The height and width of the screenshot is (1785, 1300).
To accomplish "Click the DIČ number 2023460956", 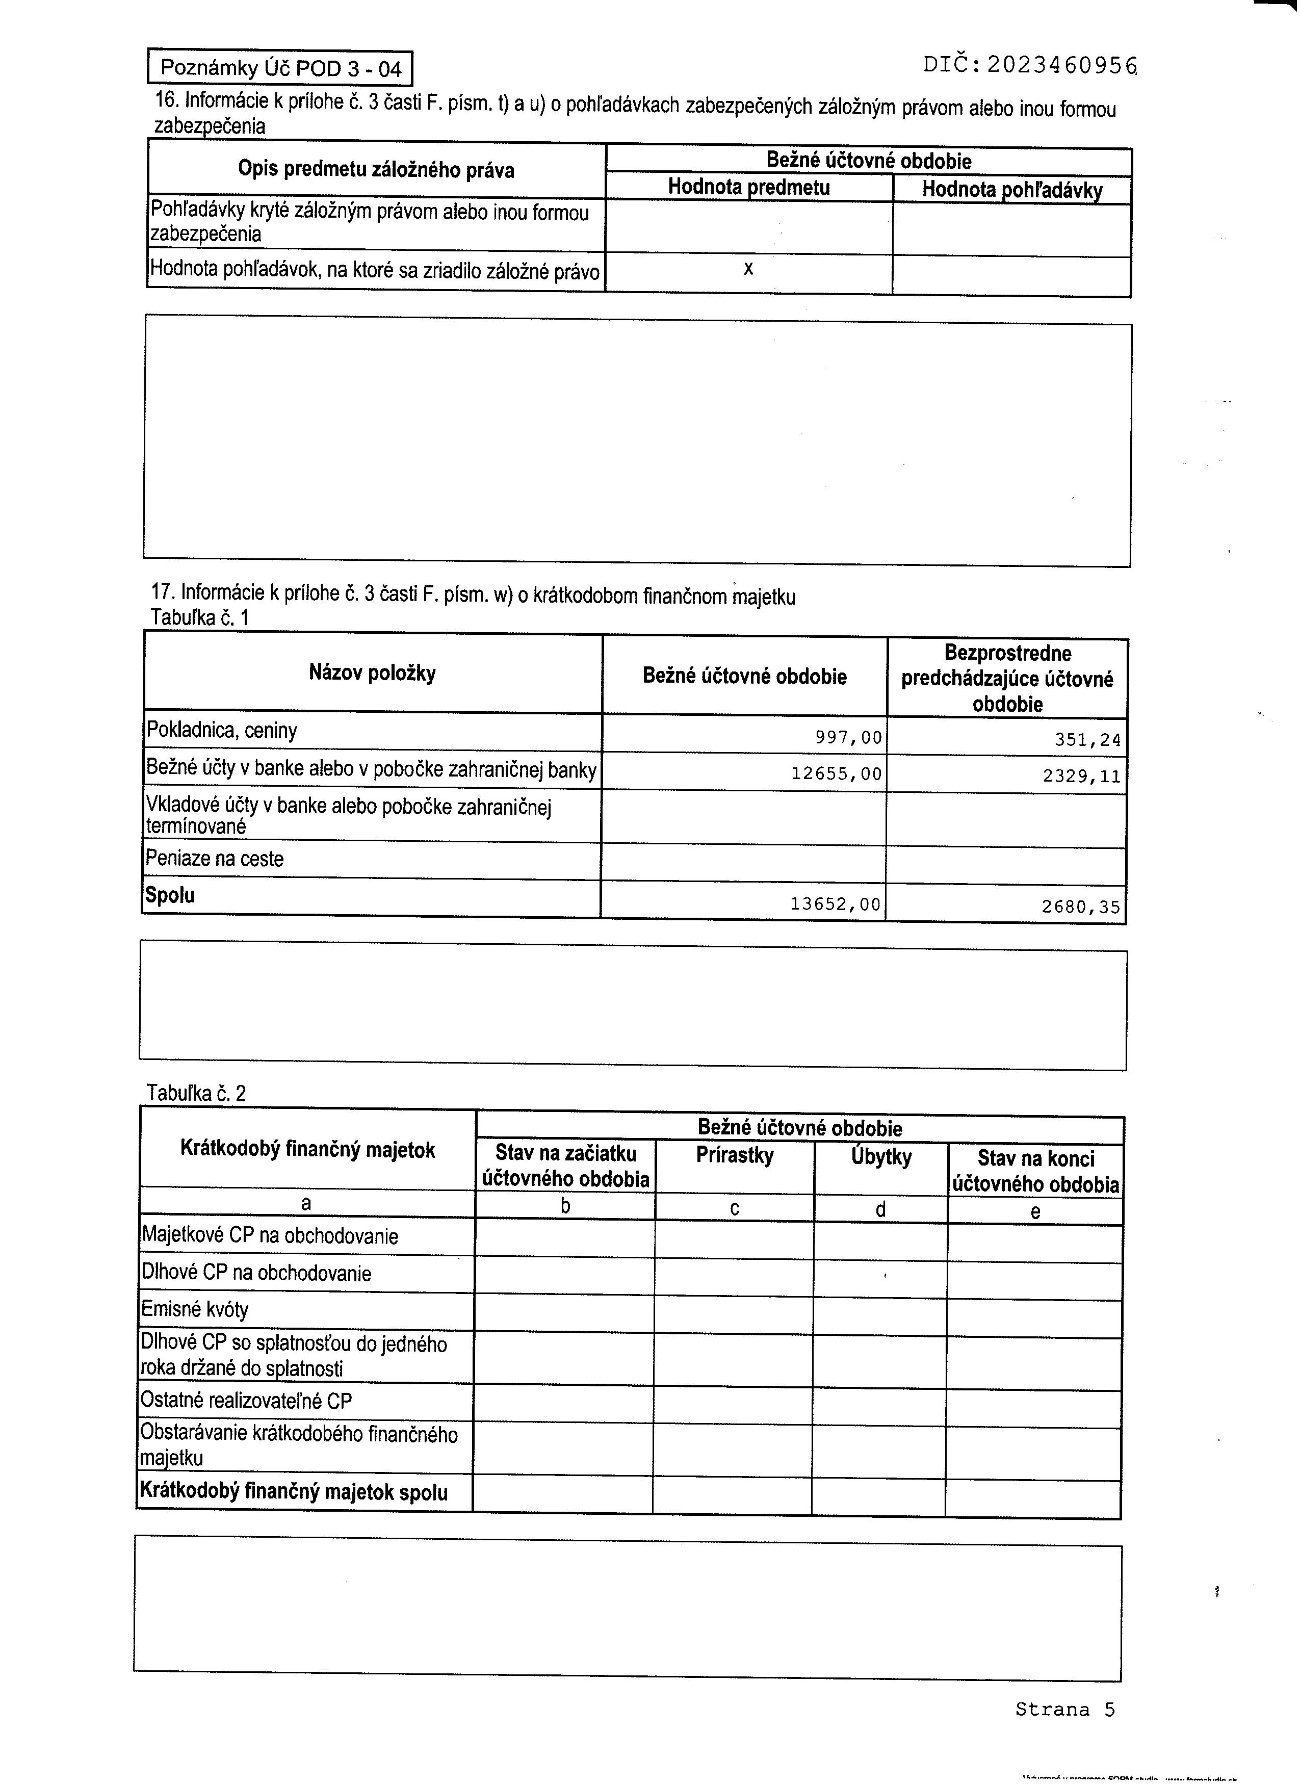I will click(1062, 65).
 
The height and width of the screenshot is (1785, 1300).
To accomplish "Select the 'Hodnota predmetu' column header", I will click(748, 187).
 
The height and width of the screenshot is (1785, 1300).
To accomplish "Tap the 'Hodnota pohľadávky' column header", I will click(1012, 190).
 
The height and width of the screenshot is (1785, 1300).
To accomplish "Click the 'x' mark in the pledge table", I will click(748, 269).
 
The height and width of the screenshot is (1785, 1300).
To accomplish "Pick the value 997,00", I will click(848, 737).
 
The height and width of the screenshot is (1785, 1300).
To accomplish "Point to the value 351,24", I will click(1087, 740).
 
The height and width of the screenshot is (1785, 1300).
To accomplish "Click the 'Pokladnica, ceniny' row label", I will click(222, 731).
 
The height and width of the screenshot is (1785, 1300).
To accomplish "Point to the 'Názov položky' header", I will click(372, 674).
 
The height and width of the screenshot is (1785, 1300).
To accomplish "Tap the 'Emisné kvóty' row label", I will click(195, 1310).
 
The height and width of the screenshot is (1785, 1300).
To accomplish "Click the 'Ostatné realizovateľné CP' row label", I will click(246, 1402).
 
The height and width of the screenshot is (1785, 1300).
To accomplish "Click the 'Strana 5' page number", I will click(1064, 1710).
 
